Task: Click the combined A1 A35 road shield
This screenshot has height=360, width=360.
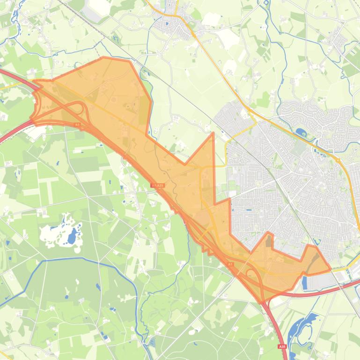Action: (x=158, y=186)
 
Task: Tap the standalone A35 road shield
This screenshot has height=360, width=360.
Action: (x=281, y=346)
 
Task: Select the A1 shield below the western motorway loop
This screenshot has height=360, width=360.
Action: (x=77, y=125)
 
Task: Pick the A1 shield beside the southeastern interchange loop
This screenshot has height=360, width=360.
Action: (x=230, y=265)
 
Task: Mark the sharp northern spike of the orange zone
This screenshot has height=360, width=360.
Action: (x=213, y=134)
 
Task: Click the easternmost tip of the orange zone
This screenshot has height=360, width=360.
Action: (x=330, y=270)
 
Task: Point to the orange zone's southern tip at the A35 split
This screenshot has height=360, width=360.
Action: (x=262, y=302)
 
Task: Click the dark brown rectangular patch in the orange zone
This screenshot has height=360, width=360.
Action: (x=269, y=241)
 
